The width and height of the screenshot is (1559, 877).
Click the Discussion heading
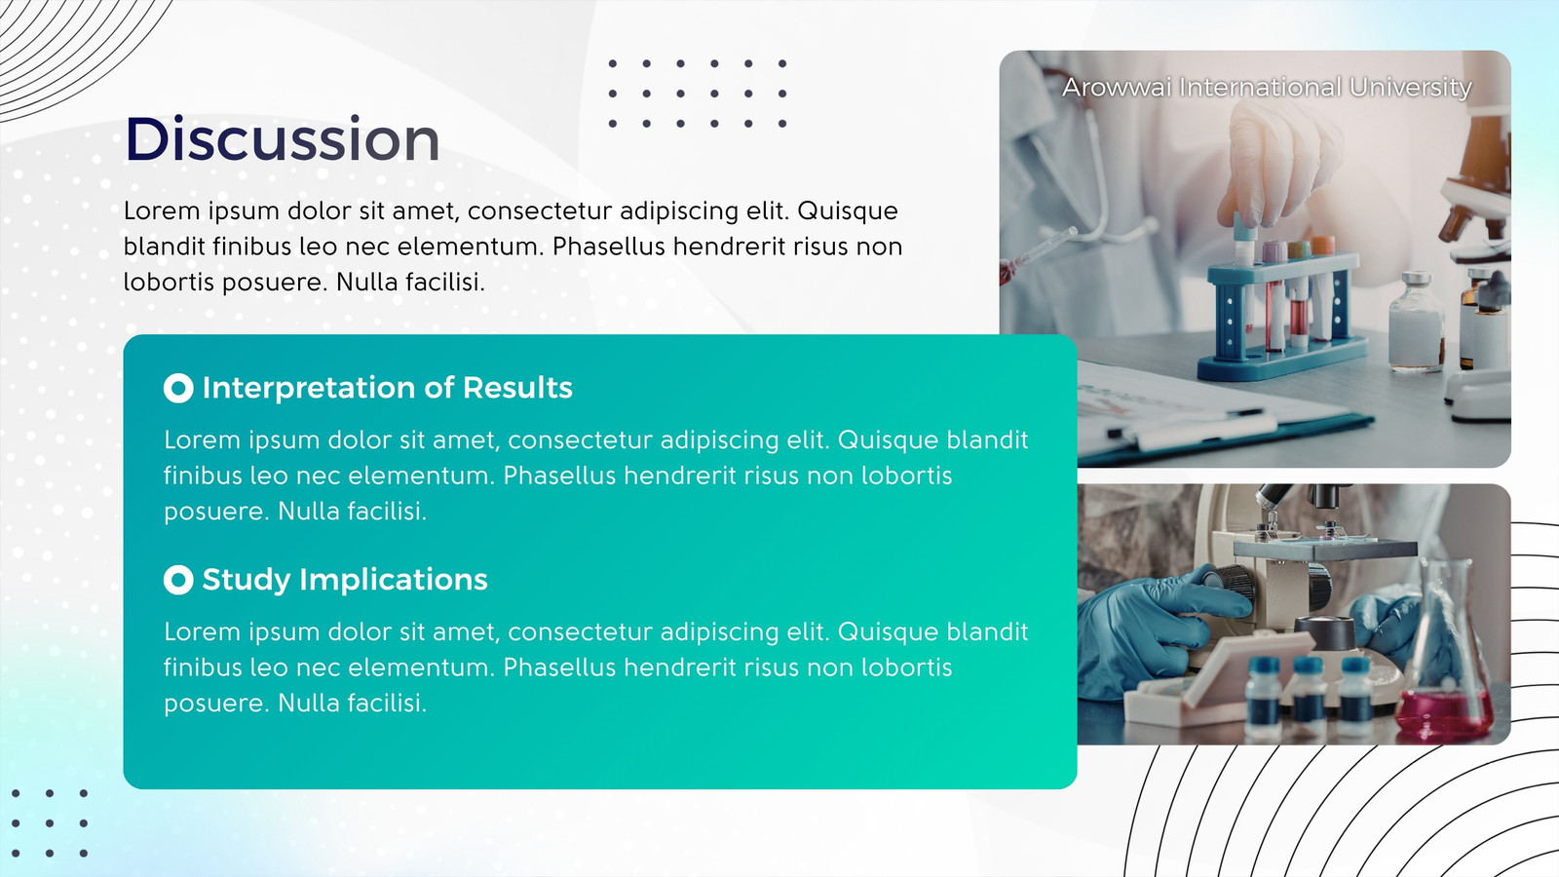pos(282,139)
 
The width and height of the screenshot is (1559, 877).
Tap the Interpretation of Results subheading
pos(387,388)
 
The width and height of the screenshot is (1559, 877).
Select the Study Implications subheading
pos(345,580)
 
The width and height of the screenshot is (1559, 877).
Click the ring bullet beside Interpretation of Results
pos(178,388)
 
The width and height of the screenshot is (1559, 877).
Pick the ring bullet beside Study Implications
pos(178,580)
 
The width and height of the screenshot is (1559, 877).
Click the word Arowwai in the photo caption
pos(1117,88)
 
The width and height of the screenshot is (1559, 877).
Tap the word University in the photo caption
pos(1411,88)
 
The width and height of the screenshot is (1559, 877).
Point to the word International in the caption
pos(1261,88)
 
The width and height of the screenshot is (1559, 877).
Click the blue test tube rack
pos(1279,313)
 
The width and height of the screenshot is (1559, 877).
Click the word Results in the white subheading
pos(517,388)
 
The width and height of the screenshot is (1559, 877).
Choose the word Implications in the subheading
pos(394,580)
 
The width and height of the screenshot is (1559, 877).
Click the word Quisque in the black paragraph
pos(847,211)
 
